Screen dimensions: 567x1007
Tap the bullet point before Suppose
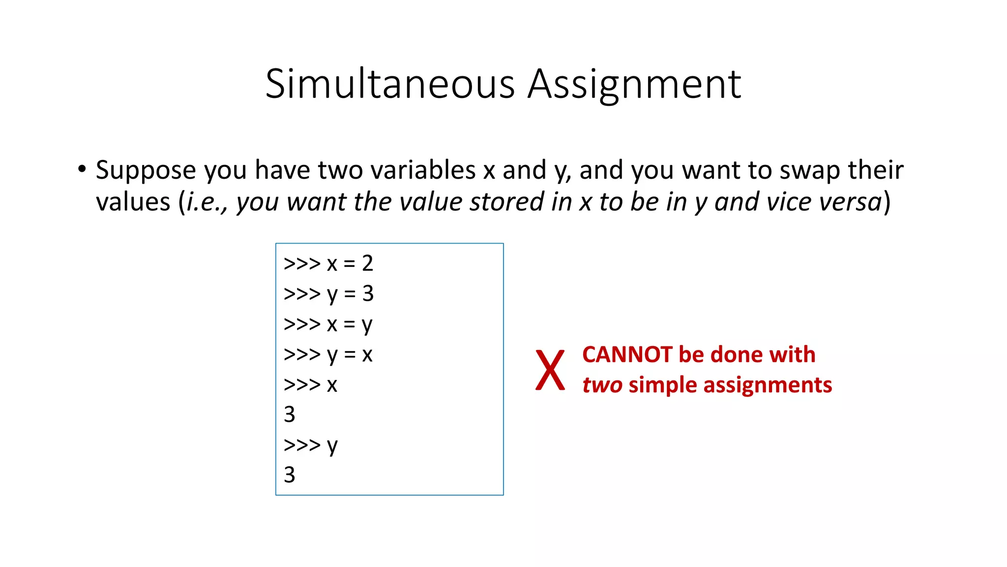pyautogui.click(x=82, y=169)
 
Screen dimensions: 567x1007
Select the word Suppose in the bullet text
pyautogui.click(x=146, y=170)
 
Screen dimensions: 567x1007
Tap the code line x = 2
pyautogui.click(x=328, y=263)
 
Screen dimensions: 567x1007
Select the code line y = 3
pyautogui.click(x=328, y=294)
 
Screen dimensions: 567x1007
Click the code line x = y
pyautogui.click(x=328, y=324)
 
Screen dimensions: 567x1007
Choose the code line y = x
pyautogui.click(x=328, y=354)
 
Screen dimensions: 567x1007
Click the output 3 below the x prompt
pyautogui.click(x=290, y=414)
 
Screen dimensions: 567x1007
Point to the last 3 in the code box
pyautogui.click(x=290, y=475)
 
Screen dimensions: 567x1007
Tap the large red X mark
pyautogui.click(x=550, y=370)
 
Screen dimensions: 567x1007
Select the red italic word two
pyautogui.click(x=602, y=385)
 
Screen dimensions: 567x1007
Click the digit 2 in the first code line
pyautogui.click(x=367, y=263)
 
